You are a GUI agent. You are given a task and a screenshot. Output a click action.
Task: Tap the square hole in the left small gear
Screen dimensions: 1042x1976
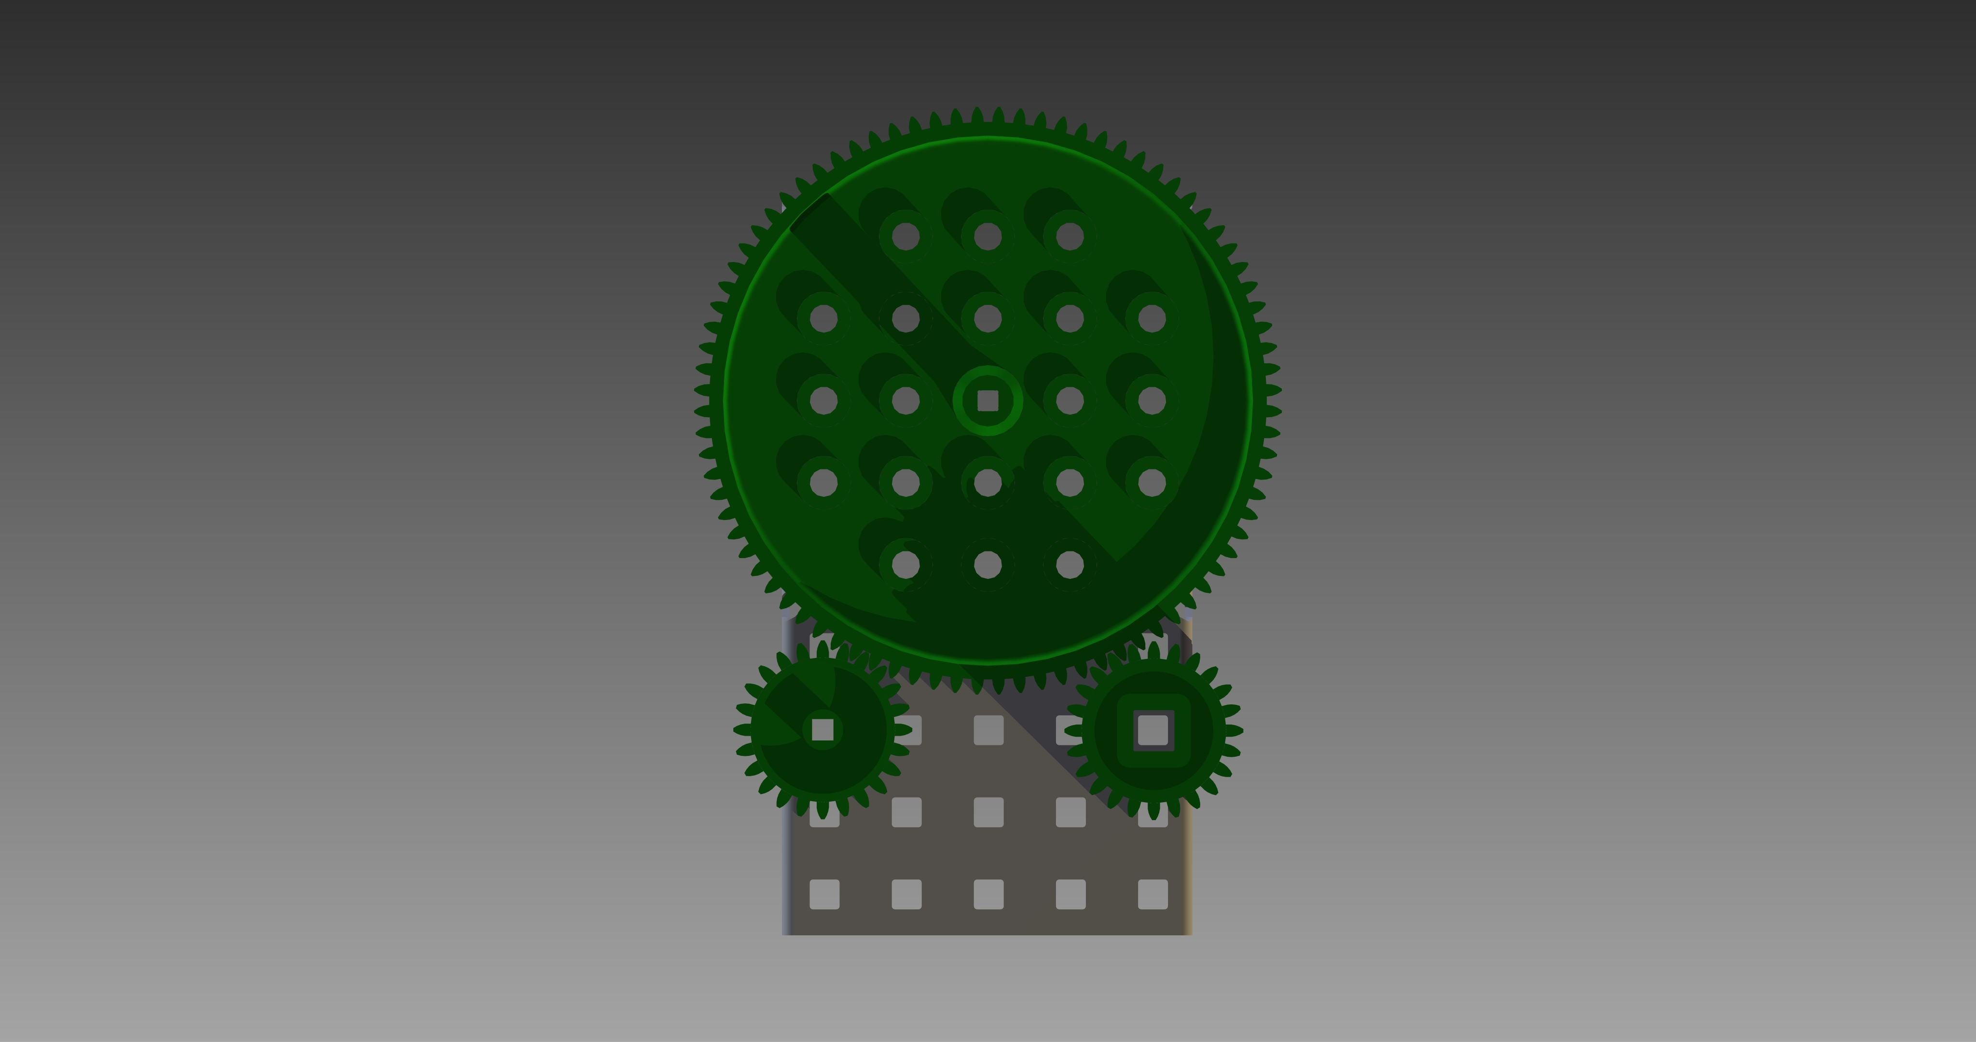823,729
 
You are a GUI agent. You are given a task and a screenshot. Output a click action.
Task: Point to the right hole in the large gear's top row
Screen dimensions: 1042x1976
1070,236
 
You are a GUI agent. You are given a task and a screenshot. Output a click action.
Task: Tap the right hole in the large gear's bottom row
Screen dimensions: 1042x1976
1070,565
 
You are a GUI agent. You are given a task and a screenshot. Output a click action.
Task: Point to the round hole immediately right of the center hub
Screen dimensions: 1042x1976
1070,400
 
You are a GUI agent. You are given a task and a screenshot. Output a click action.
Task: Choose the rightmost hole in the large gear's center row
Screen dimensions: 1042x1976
1152,400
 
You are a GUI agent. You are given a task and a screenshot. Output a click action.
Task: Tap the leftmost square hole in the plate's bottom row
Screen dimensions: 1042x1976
824,894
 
